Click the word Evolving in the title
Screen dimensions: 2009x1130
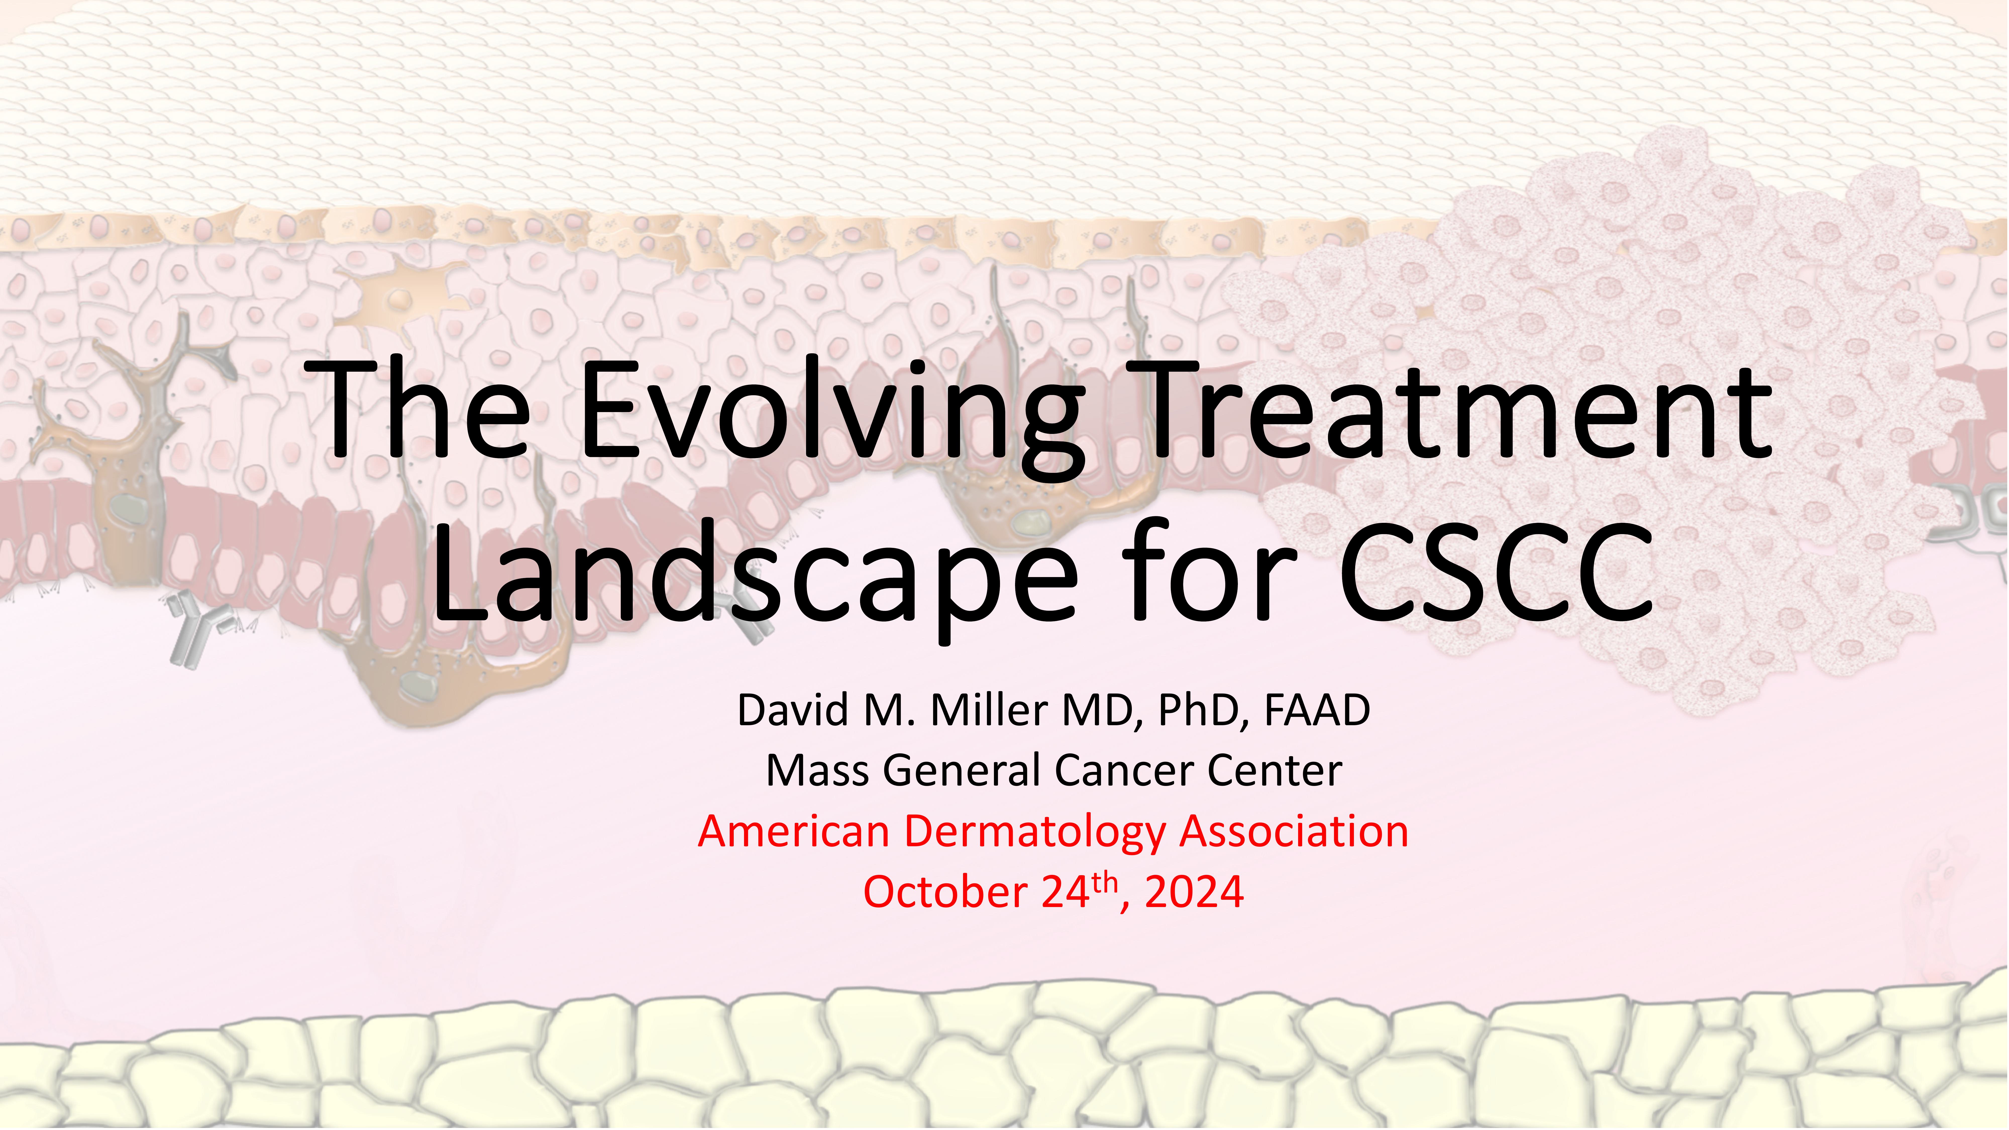834,417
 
